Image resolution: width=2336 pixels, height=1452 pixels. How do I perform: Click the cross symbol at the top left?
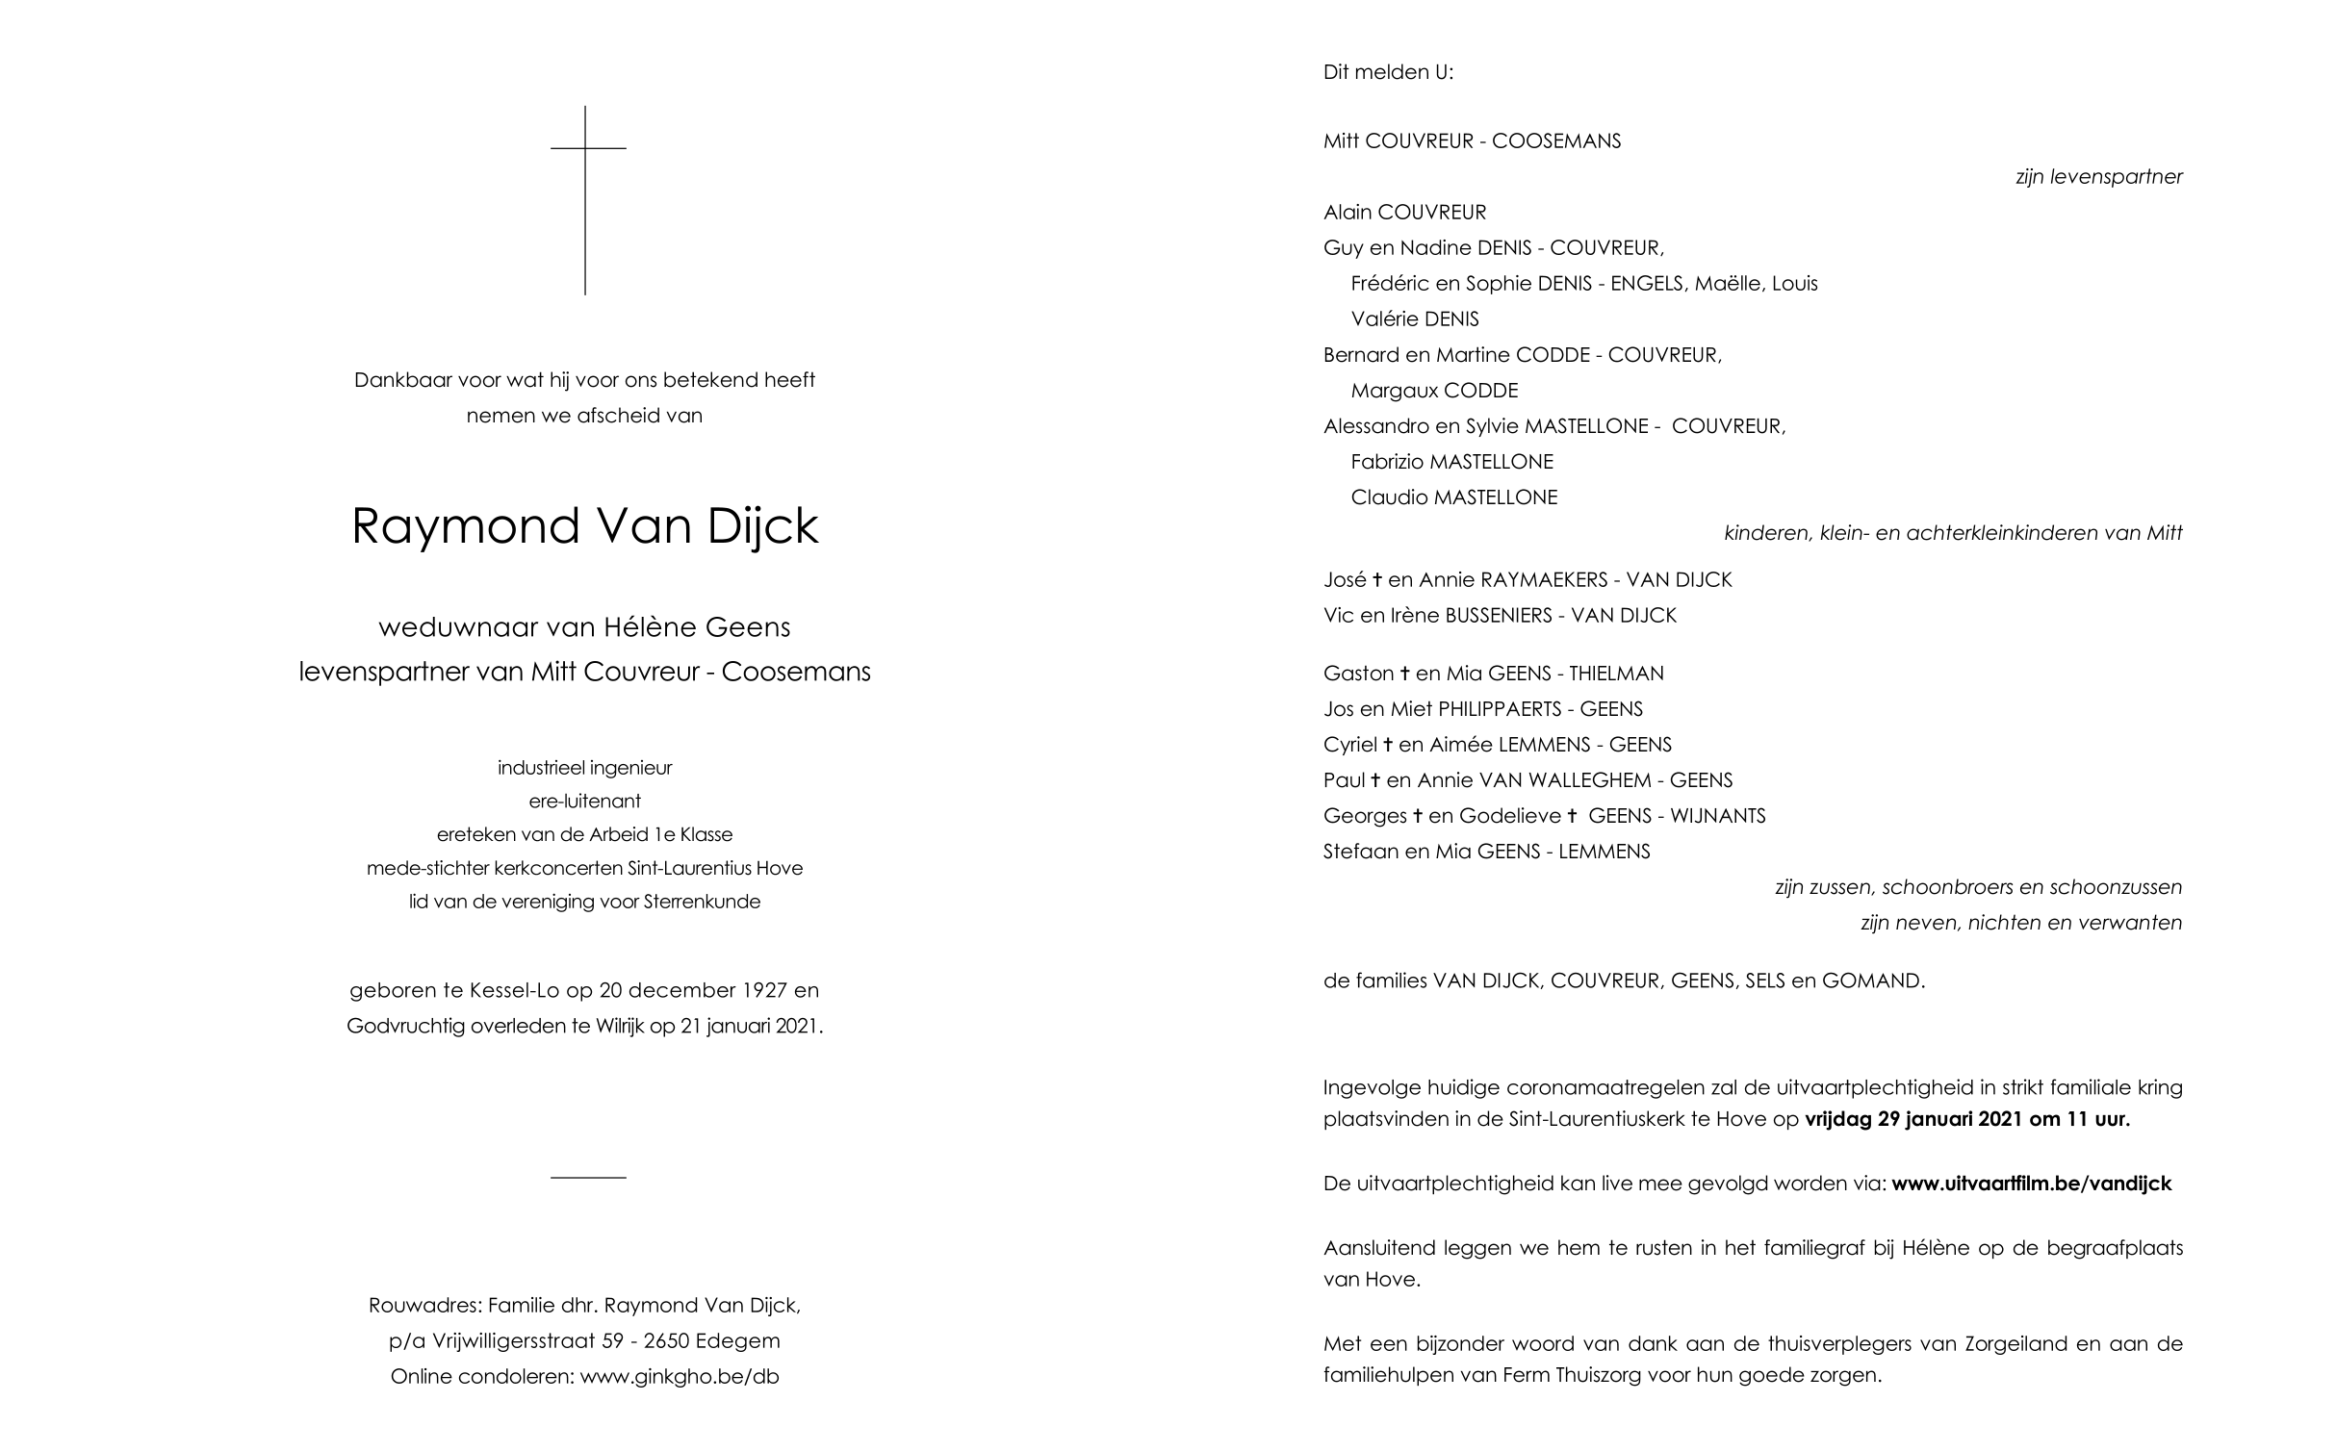pyautogui.click(x=585, y=192)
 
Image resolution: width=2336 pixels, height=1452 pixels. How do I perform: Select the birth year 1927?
pyautogui.click(x=767, y=990)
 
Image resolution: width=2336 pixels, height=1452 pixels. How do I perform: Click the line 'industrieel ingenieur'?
pyautogui.click(x=584, y=768)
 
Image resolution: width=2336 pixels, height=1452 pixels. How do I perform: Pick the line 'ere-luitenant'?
pyautogui.click(x=584, y=802)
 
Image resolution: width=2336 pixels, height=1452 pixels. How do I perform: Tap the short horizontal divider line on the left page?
pyautogui.click(x=588, y=1177)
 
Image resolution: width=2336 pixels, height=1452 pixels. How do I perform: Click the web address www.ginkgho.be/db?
pyautogui.click(x=680, y=1377)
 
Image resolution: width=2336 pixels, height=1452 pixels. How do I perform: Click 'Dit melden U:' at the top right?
pyautogui.click(x=1388, y=72)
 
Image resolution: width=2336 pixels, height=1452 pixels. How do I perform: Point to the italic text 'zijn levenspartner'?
pyautogui.click(x=2098, y=177)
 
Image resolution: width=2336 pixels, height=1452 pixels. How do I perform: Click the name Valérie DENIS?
pyautogui.click(x=1415, y=319)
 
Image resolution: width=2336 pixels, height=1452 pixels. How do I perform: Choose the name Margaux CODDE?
pyautogui.click(x=1434, y=391)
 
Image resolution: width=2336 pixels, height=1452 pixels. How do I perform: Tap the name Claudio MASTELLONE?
pyautogui.click(x=1453, y=497)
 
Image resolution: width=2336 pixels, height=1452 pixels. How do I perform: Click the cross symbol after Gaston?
pyautogui.click(x=1404, y=674)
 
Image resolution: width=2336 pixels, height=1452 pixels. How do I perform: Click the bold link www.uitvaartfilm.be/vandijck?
pyautogui.click(x=2031, y=1185)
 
